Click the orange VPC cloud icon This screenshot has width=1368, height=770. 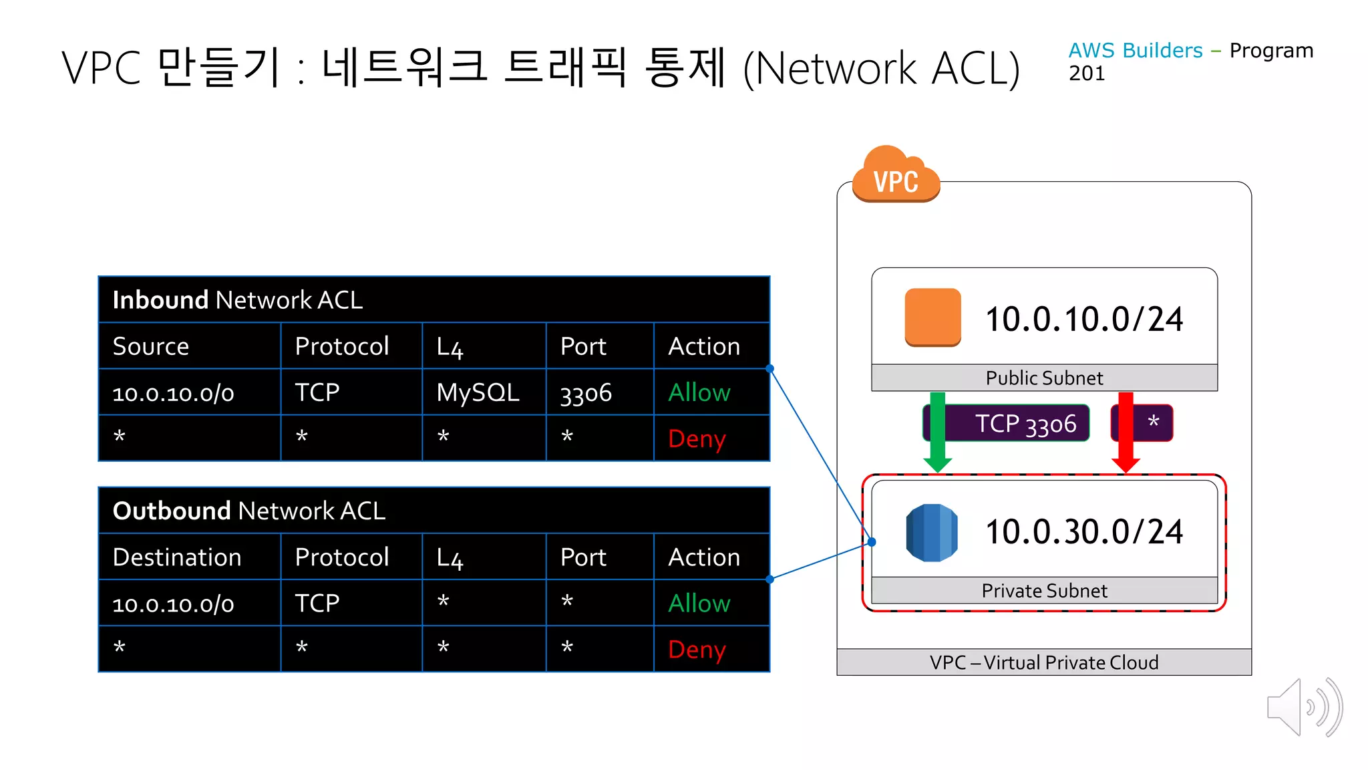(896, 175)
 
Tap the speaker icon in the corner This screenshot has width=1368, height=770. (1303, 707)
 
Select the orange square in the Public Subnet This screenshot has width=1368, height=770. (932, 317)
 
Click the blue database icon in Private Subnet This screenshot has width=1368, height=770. (932, 532)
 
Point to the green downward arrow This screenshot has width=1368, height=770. (938, 432)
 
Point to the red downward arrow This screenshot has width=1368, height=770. (1126, 432)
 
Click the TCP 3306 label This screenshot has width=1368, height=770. (1025, 423)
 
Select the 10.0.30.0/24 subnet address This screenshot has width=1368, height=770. (1084, 532)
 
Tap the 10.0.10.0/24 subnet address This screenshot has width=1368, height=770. (1084, 319)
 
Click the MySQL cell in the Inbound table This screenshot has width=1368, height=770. (478, 392)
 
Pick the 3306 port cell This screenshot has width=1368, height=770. (586, 393)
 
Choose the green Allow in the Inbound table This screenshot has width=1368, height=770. (699, 392)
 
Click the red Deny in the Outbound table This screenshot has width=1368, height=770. (697, 649)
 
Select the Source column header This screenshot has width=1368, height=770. (151, 346)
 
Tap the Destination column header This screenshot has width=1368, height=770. (177, 557)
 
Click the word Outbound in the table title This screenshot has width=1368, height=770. (172, 511)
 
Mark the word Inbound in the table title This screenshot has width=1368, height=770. (160, 300)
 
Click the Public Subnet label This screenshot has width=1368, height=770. (1044, 378)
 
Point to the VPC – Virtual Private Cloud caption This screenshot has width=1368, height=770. (1044, 662)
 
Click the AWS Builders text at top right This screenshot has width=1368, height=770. (1135, 50)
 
